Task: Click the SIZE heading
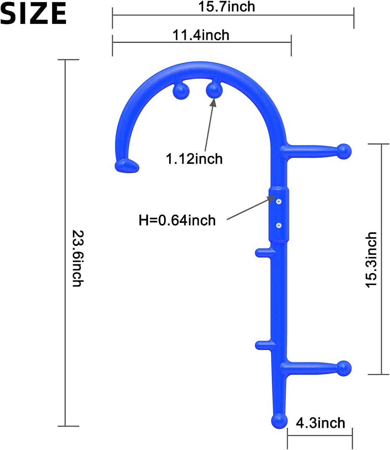pos(33,13)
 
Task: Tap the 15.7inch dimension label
pos(227,7)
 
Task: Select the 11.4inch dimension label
pos(201,35)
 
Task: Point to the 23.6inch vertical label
pos(78,258)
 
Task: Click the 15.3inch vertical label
pos(371,260)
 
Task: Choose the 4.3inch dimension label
pos(320,423)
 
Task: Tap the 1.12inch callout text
pos(194,159)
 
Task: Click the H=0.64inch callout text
pos(177,220)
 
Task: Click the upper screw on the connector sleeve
pos(279,201)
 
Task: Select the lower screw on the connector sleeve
pos(279,225)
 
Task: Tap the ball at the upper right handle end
pos(344,151)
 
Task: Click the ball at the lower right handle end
pos(344,368)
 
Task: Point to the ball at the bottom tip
pos(279,421)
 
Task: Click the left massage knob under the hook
pos(181,91)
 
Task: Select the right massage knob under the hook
pos(214,90)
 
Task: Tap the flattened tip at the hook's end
pos(127,166)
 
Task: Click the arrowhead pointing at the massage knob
pos(213,102)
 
